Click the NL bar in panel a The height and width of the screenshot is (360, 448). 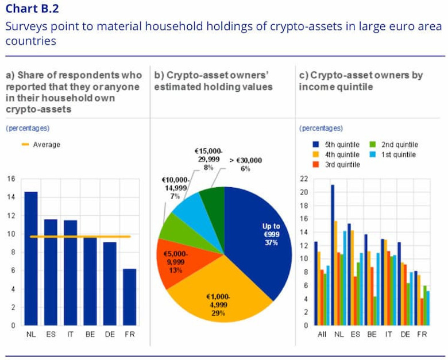pyautogui.click(x=31, y=258)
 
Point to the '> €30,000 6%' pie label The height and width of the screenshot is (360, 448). pyautogui.click(x=246, y=164)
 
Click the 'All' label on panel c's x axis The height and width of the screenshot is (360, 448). pyautogui.click(x=322, y=334)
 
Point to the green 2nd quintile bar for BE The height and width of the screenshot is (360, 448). pyautogui.click(x=374, y=311)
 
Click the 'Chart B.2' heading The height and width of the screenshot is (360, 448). pyautogui.click(x=32, y=9)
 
